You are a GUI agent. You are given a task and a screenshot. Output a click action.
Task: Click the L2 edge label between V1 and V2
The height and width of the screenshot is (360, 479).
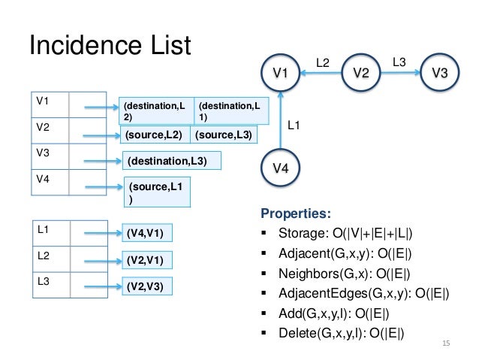[x=323, y=63]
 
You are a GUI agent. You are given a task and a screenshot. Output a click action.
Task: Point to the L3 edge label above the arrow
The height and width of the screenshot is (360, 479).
[x=399, y=62]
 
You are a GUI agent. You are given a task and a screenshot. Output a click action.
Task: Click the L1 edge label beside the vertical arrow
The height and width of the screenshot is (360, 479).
[x=294, y=125]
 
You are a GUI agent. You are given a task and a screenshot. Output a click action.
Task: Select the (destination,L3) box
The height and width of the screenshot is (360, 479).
[x=172, y=161]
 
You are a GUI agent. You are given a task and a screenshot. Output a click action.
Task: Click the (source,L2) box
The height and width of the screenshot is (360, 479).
[x=155, y=135]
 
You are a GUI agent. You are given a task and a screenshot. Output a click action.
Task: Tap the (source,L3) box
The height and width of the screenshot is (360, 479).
[x=224, y=135]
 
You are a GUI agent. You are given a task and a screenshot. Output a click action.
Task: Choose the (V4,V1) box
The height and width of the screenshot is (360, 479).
[x=147, y=233]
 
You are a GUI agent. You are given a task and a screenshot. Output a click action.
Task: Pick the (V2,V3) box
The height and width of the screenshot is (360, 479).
[x=147, y=286]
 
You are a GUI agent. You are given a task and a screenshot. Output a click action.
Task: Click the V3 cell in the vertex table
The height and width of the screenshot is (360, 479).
[x=50, y=156]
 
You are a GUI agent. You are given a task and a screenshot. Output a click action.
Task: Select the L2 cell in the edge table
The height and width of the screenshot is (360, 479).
[x=51, y=259]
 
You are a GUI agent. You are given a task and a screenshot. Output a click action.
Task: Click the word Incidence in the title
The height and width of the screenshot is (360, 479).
[x=86, y=45]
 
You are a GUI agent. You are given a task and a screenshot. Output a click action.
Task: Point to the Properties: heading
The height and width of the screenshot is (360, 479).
[x=296, y=213]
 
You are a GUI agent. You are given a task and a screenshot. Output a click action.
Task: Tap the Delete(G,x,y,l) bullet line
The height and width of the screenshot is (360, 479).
[x=333, y=333]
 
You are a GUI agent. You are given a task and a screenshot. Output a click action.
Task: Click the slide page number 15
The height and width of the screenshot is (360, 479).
[x=446, y=343]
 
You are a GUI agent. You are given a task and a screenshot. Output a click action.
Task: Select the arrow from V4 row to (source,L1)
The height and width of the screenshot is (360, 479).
[x=104, y=187]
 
